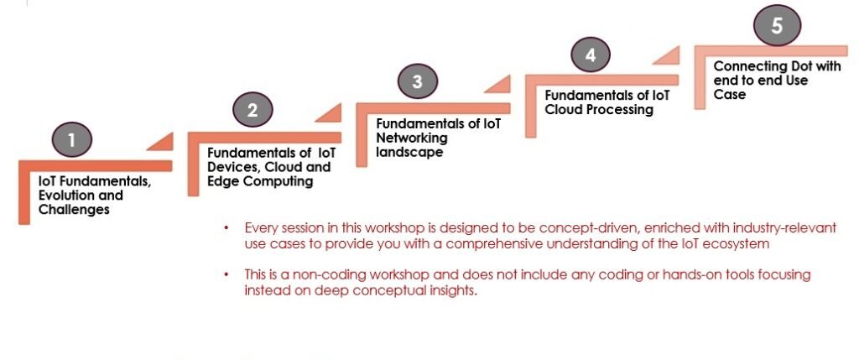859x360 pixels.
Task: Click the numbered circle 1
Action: (x=72, y=140)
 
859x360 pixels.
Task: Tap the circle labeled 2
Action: (x=252, y=110)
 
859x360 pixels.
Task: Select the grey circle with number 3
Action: (x=418, y=81)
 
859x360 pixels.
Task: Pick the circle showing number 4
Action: (x=590, y=55)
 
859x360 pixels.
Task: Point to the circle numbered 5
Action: (x=777, y=25)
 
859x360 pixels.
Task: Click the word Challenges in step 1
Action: (x=74, y=210)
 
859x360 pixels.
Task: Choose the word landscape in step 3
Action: (x=409, y=153)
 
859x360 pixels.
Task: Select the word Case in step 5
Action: (x=729, y=95)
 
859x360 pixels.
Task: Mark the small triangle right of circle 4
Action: (x=666, y=55)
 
